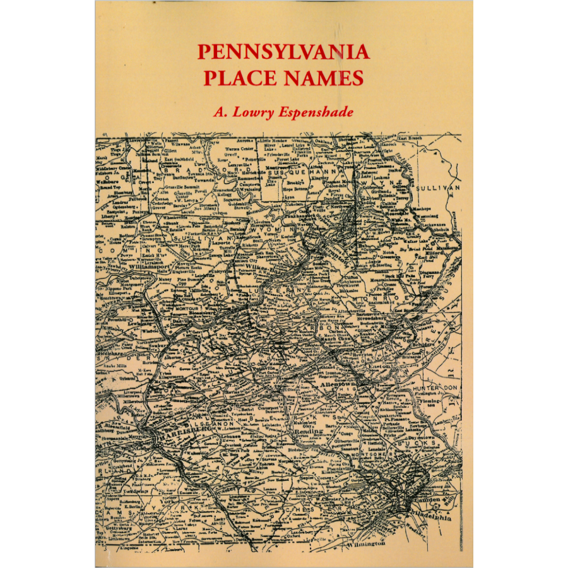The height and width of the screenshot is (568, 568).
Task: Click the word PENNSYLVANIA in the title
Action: coord(283,52)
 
